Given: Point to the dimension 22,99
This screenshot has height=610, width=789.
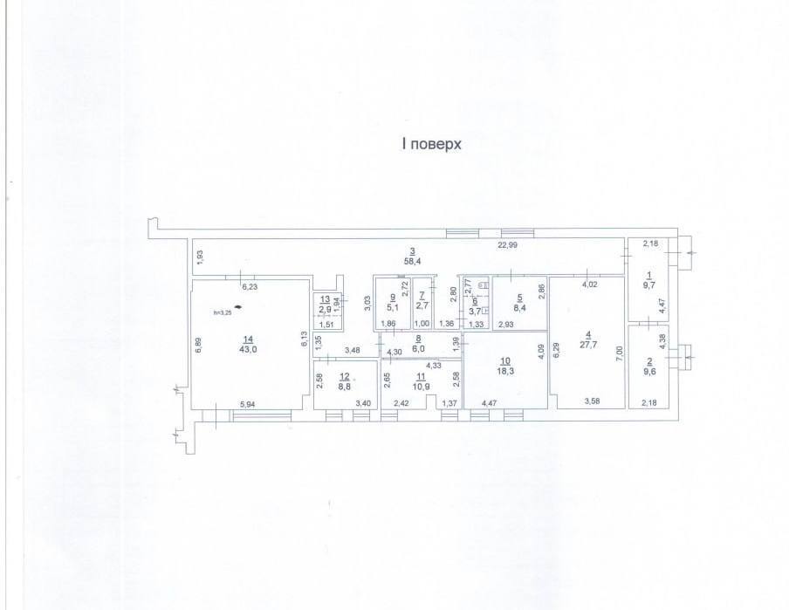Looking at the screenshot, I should (507, 245).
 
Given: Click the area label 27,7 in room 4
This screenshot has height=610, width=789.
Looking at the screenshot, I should (589, 346).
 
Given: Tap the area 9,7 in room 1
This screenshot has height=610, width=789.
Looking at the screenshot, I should (648, 284).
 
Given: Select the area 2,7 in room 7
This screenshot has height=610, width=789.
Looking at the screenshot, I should (422, 306).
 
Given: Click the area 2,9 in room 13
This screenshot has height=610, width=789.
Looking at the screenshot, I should (324, 309).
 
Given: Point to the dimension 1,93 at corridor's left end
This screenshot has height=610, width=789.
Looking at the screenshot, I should (199, 257).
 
